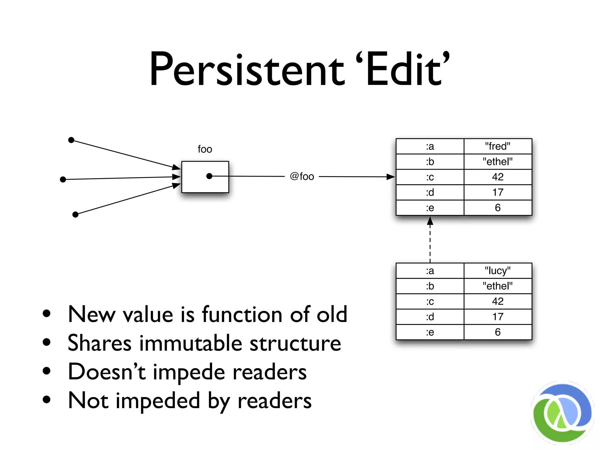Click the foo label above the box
205,149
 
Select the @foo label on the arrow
302,176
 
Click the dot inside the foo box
209,176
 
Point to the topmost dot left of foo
71,140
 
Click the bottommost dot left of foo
75,215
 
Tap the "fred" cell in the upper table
497,146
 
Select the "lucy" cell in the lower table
497,271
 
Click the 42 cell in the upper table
497,177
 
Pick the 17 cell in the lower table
497,317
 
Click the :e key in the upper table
430,208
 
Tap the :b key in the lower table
430,286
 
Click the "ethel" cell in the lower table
497,286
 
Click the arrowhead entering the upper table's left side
391,177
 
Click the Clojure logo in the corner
562,412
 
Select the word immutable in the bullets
191,343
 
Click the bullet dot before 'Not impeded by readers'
47,400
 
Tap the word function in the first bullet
242,314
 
